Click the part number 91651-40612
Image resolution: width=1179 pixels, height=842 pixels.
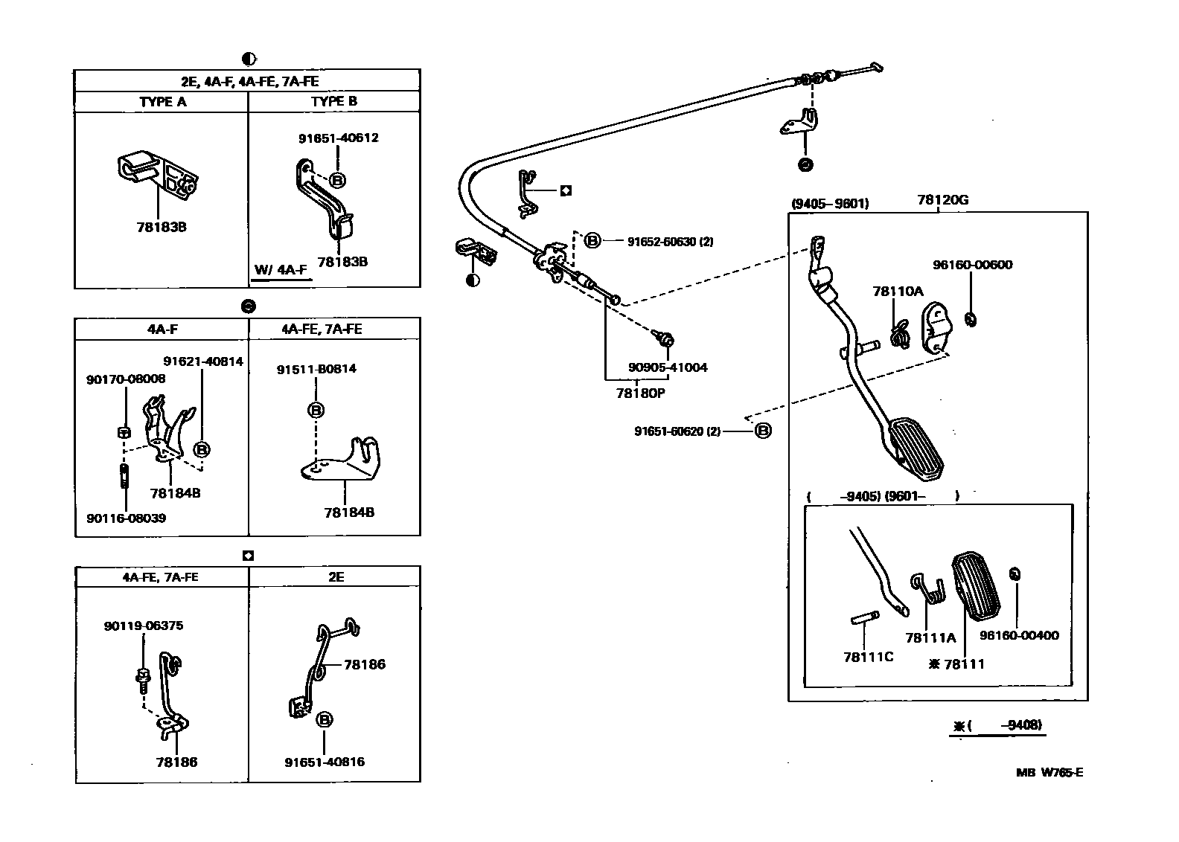338,138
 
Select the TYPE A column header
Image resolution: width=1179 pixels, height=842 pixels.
162,102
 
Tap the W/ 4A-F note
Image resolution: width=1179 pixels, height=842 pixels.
280,269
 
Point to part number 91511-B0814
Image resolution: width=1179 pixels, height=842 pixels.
316,369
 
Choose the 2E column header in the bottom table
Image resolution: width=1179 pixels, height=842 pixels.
335,576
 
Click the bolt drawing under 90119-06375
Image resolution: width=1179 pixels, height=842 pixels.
142,678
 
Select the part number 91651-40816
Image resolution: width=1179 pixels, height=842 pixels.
325,762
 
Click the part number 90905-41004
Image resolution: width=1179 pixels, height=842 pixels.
668,367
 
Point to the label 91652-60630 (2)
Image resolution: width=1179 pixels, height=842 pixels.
670,241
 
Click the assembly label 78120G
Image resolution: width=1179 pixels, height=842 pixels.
942,200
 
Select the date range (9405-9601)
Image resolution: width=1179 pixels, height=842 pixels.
829,203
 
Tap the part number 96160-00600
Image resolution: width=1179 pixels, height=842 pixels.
972,265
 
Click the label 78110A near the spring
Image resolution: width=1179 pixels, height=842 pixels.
898,292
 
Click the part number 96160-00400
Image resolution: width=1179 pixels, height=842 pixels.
1019,635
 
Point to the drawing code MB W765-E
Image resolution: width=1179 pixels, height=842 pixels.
1049,772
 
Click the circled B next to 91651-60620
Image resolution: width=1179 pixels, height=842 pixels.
763,431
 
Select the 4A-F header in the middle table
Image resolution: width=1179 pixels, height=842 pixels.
162,329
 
